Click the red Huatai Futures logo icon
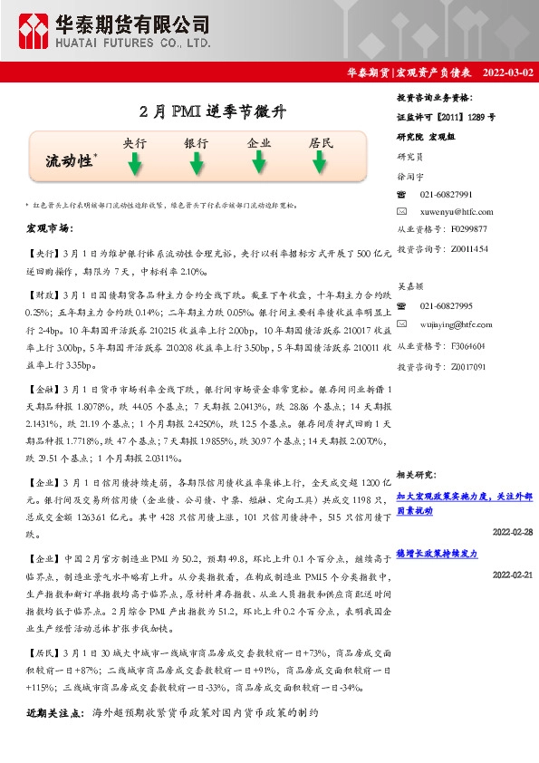(34, 32)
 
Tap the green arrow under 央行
(134, 164)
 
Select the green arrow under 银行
(196, 164)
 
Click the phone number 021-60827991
(447, 195)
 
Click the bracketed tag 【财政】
(43, 295)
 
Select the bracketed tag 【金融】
(43, 388)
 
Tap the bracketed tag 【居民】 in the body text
(43, 652)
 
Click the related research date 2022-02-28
(513, 531)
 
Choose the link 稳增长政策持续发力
(437, 553)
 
